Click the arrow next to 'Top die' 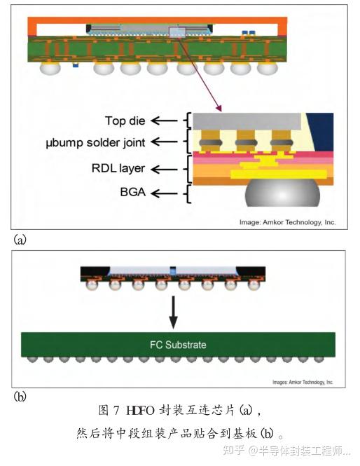(x=165, y=121)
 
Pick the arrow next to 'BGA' (x=165, y=191)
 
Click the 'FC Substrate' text (x=178, y=345)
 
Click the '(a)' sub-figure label (x=20, y=240)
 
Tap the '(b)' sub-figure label (x=20, y=397)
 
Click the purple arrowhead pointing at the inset (x=219, y=109)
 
